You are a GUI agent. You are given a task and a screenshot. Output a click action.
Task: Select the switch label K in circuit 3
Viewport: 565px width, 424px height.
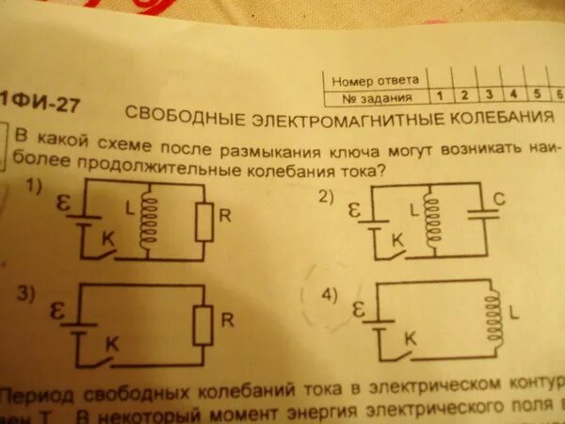click(111, 346)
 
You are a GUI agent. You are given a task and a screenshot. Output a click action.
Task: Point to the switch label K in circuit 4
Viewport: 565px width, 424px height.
click(410, 337)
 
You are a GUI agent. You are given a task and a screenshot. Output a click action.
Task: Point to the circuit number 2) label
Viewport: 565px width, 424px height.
click(327, 198)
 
